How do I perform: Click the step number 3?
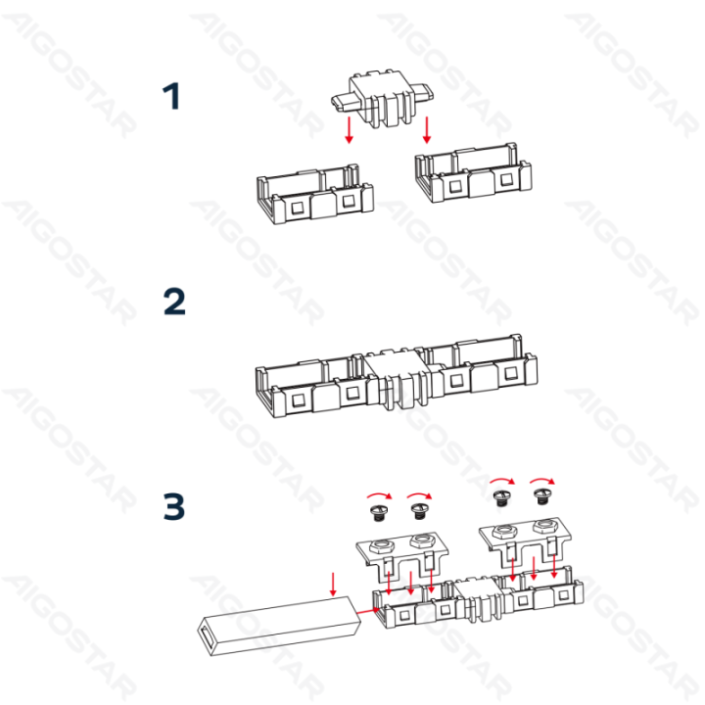pyautogui.click(x=173, y=507)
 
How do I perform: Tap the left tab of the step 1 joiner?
pyautogui.click(x=343, y=102)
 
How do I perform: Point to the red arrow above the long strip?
pyautogui.click(x=334, y=584)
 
